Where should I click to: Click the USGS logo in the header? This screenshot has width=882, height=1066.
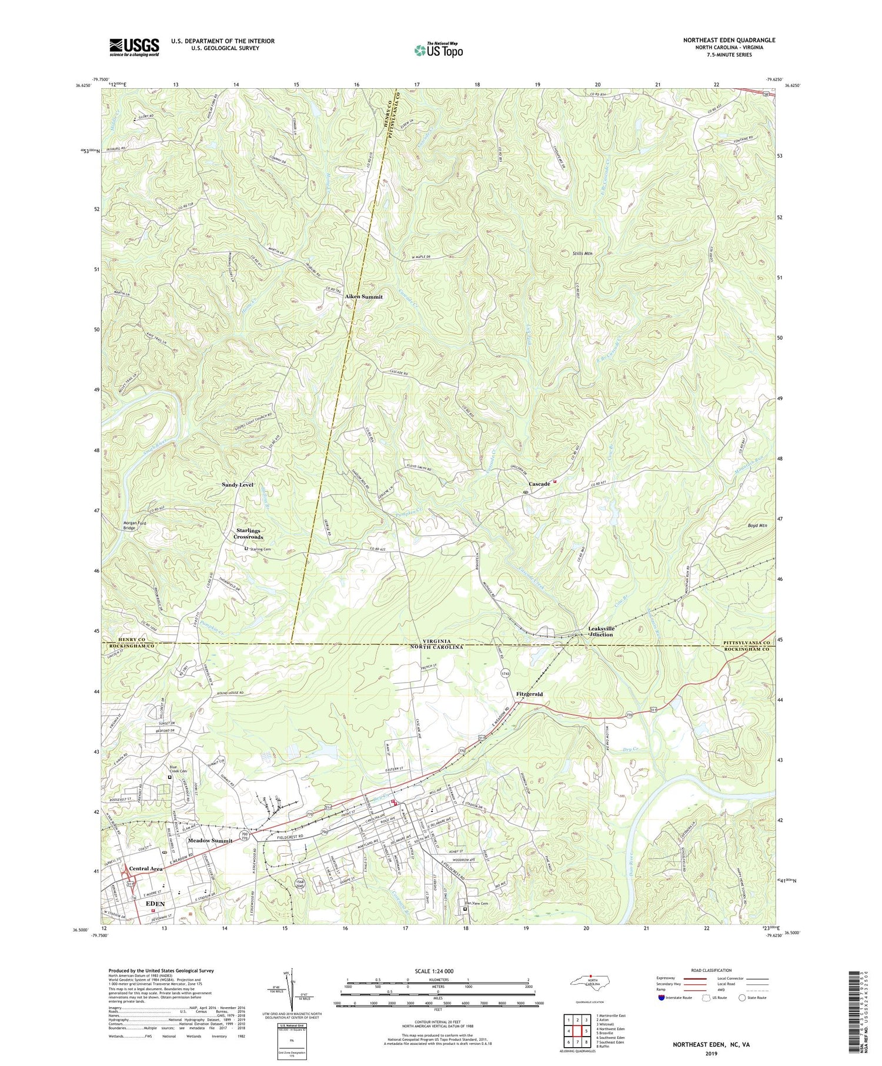pyautogui.click(x=134, y=47)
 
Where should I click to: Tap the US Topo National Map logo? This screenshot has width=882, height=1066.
pyautogui.click(x=439, y=49)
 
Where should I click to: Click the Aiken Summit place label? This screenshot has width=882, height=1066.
pyautogui.click(x=363, y=297)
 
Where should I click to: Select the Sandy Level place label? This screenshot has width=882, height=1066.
pyautogui.click(x=238, y=484)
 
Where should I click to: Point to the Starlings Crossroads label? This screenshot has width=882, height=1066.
pyautogui.click(x=248, y=534)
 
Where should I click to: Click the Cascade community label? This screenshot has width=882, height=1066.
pyautogui.click(x=539, y=484)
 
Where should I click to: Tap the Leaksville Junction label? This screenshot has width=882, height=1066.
pyautogui.click(x=601, y=631)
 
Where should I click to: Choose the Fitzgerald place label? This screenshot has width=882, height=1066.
pyautogui.click(x=529, y=694)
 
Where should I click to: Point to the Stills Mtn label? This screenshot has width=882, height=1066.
pyautogui.click(x=582, y=253)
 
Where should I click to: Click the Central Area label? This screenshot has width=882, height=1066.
pyautogui.click(x=146, y=868)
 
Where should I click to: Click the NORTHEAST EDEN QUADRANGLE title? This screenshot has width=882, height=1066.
pyautogui.click(x=729, y=40)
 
